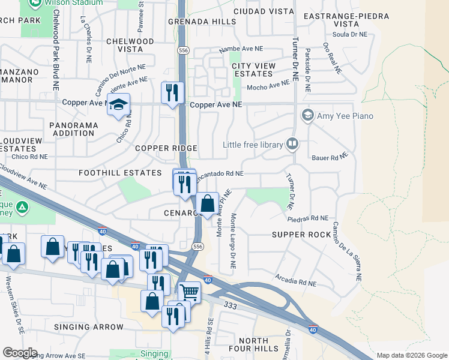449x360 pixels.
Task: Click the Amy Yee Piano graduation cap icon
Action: [308, 115]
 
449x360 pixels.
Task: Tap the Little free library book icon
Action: [292, 143]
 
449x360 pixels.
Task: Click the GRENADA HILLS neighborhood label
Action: [193, 22]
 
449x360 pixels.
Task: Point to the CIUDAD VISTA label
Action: [264, 11]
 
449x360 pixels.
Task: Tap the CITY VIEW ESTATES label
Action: [253, 70]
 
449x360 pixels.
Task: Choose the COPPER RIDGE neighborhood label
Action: [166, 148]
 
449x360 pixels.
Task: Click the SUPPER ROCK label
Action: [301, 234]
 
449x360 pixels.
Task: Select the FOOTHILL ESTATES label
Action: [121, 173]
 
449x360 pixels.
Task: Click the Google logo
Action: [20, 353]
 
